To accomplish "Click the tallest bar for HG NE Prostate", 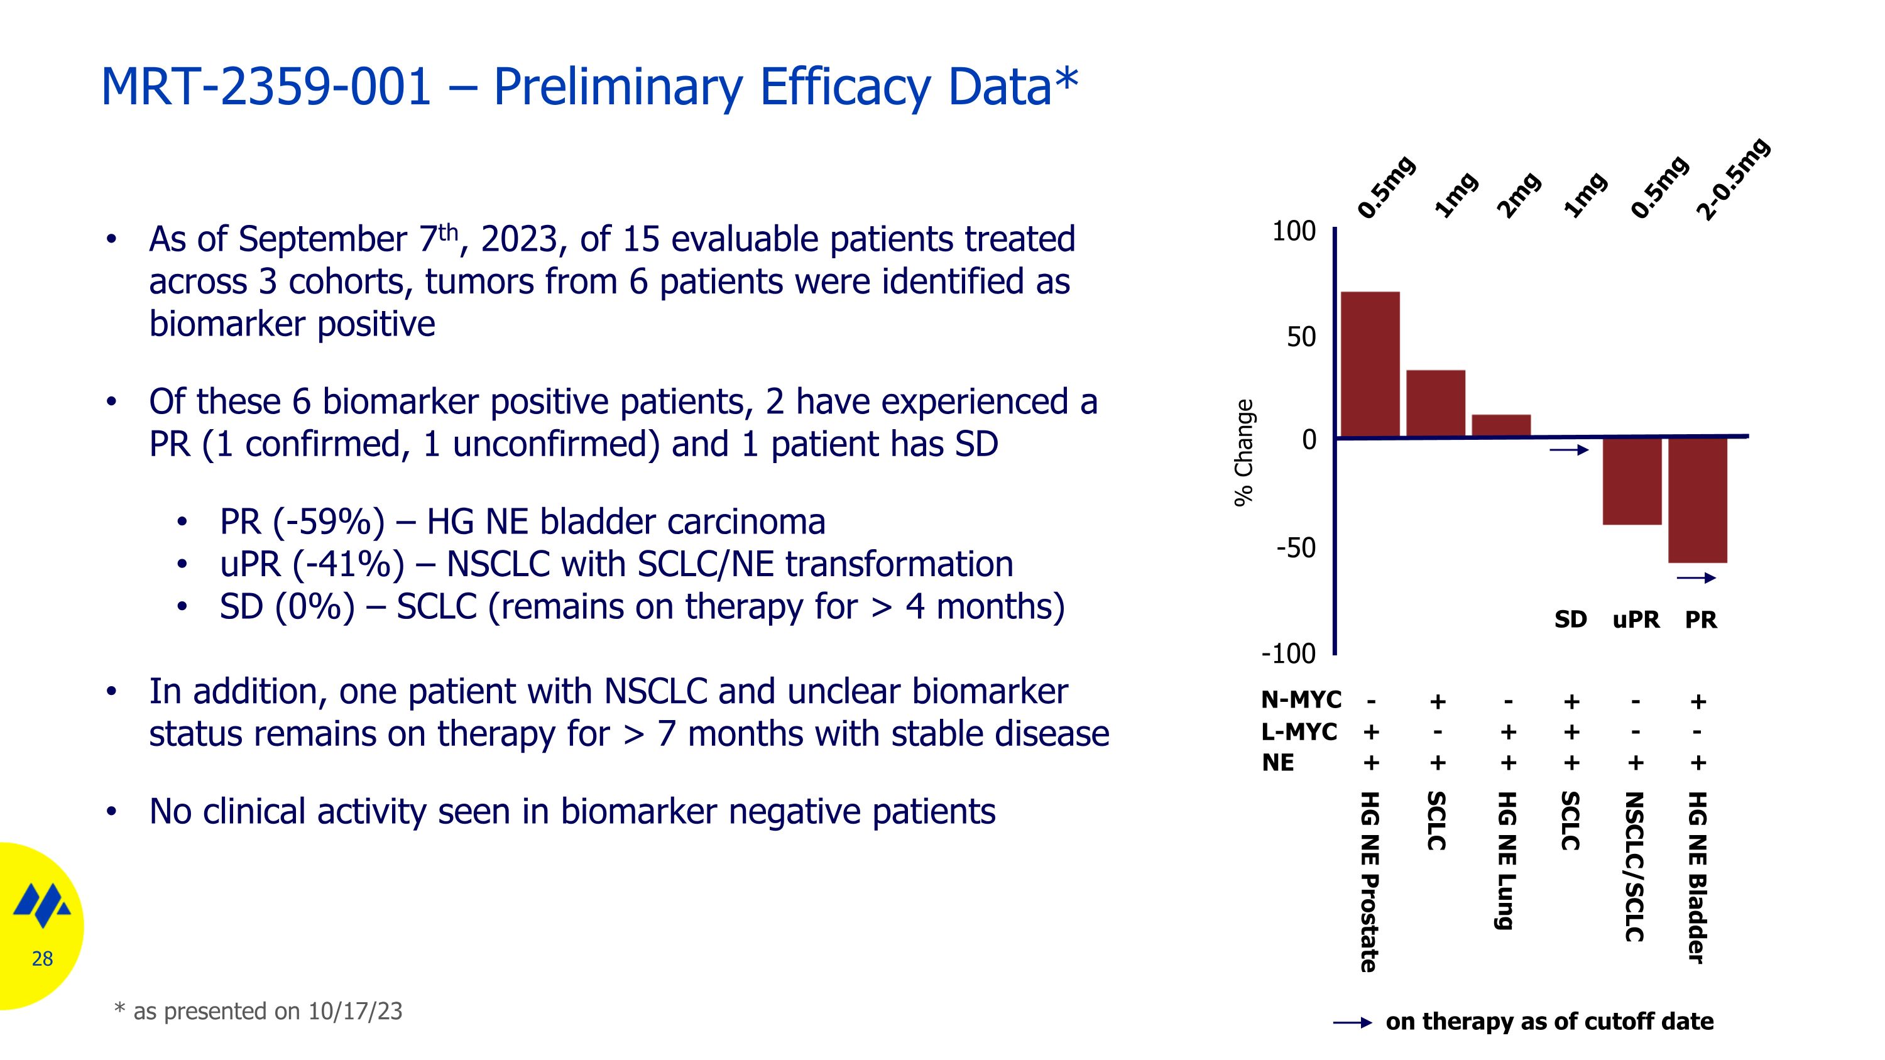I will coord(1370,364).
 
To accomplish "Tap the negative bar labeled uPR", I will coord(1632,481).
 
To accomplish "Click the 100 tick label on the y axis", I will coord(1294,231).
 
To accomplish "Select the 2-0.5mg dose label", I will coord(1733,178).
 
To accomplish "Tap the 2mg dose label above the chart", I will coord(1519,195).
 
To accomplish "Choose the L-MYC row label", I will coord(1299,731).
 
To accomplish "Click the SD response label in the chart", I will coord(1570,620).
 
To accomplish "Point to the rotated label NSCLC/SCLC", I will coord(1634,867).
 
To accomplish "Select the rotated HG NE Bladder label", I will coord(1698,877).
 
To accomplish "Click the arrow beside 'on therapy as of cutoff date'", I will coord(1352,1023).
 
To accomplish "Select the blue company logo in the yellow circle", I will coord(41,905).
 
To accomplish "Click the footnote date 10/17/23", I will coord(355,1011).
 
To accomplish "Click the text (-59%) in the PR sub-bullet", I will coord(329,522).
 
